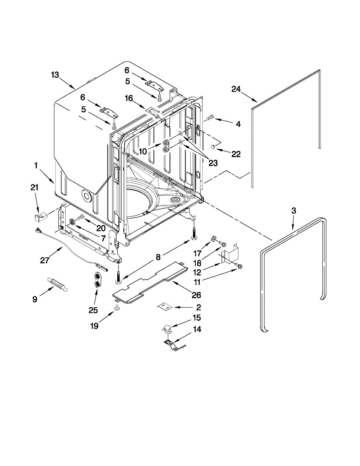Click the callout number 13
[55, 75]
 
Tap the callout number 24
[236, 89]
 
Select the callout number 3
[294, 210]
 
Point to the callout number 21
[35, 188]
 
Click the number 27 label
[45, 260]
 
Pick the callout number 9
[35, 299]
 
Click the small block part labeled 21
[40, 213]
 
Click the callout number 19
[94, 326]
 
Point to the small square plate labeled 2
[165, 307]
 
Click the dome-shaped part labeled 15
[167, 329]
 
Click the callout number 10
[143, 151]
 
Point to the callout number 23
[213, 163]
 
